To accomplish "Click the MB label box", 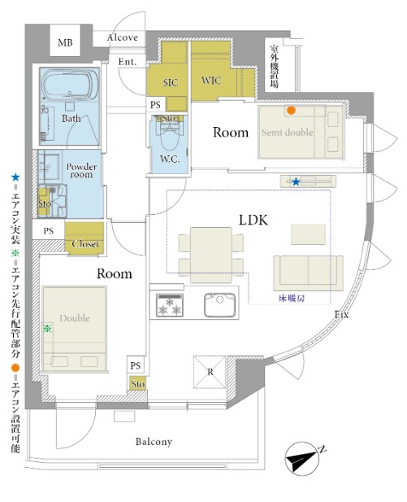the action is [x=65, y=41].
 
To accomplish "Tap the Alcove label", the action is [x=123, y=37].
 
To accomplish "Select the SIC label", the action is [x=170, y=83].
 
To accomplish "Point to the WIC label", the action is [x=211, y=80].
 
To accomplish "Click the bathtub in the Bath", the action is [x=70, y=85].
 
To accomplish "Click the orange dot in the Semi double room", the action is [x=291, y=111].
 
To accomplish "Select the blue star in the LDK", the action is [x=296, y=182].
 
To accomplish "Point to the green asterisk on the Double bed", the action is [x=47, y=328].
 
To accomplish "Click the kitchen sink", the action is [x=219, y=304].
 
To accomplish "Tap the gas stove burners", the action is [x=170, y=305].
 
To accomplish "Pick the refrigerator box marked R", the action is [x=210, y=372].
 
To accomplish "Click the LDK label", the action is [x=253, y=220].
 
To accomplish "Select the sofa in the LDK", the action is [x=308, y=273].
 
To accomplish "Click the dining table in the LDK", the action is [x=211, y=255].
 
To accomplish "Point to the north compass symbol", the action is [x=302, y=458].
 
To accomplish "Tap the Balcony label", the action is [x=154, y=442].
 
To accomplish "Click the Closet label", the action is [x=85, y=244].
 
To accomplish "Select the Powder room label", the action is [x=81, y=171].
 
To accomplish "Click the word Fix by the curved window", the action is [x=341, y=315].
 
